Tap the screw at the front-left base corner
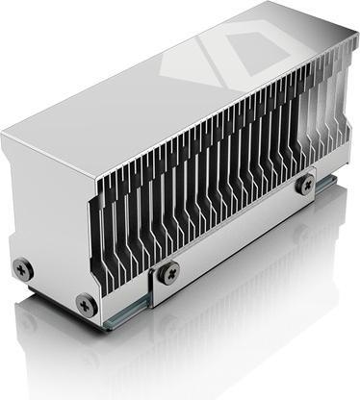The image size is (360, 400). [86, 306]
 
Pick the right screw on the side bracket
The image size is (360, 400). [305, 185]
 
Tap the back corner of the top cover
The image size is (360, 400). [280, 3]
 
